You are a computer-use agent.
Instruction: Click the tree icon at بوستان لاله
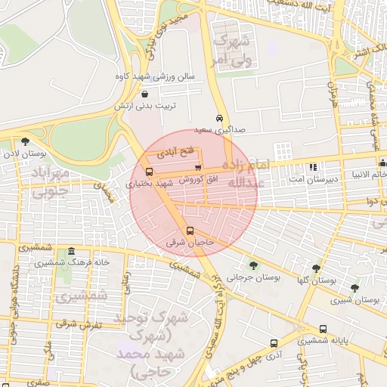[x=26, y=141]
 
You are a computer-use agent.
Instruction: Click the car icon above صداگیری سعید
[x=219, y=119]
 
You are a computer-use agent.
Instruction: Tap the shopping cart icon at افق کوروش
[x=198, y=168]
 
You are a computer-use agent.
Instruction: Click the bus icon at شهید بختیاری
[x=148, y=172]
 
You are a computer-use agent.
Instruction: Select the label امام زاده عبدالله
[x=247, y=174]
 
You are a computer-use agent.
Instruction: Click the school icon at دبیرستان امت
[x=313, y=167]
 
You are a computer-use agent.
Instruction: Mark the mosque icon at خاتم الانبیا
[x=382, y=163]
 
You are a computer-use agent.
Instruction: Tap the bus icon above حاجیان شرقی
[x=189, y=231]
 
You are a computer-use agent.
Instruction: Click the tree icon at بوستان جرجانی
[x=253, y=265]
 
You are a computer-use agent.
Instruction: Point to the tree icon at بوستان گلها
[x=316, y=268]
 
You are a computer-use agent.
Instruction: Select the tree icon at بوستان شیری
[x=354, y=288]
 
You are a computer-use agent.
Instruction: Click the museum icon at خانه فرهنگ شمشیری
[x=72, y=251]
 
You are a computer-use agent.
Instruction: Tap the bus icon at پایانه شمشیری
[x=324, y=330]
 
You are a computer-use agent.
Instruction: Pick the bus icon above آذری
[x=271, y=342]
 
